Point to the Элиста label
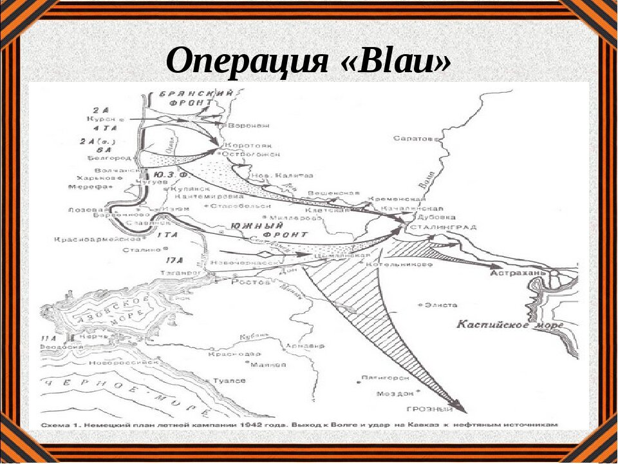(x=444, y=305)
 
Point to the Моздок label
(x=393, y=392)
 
